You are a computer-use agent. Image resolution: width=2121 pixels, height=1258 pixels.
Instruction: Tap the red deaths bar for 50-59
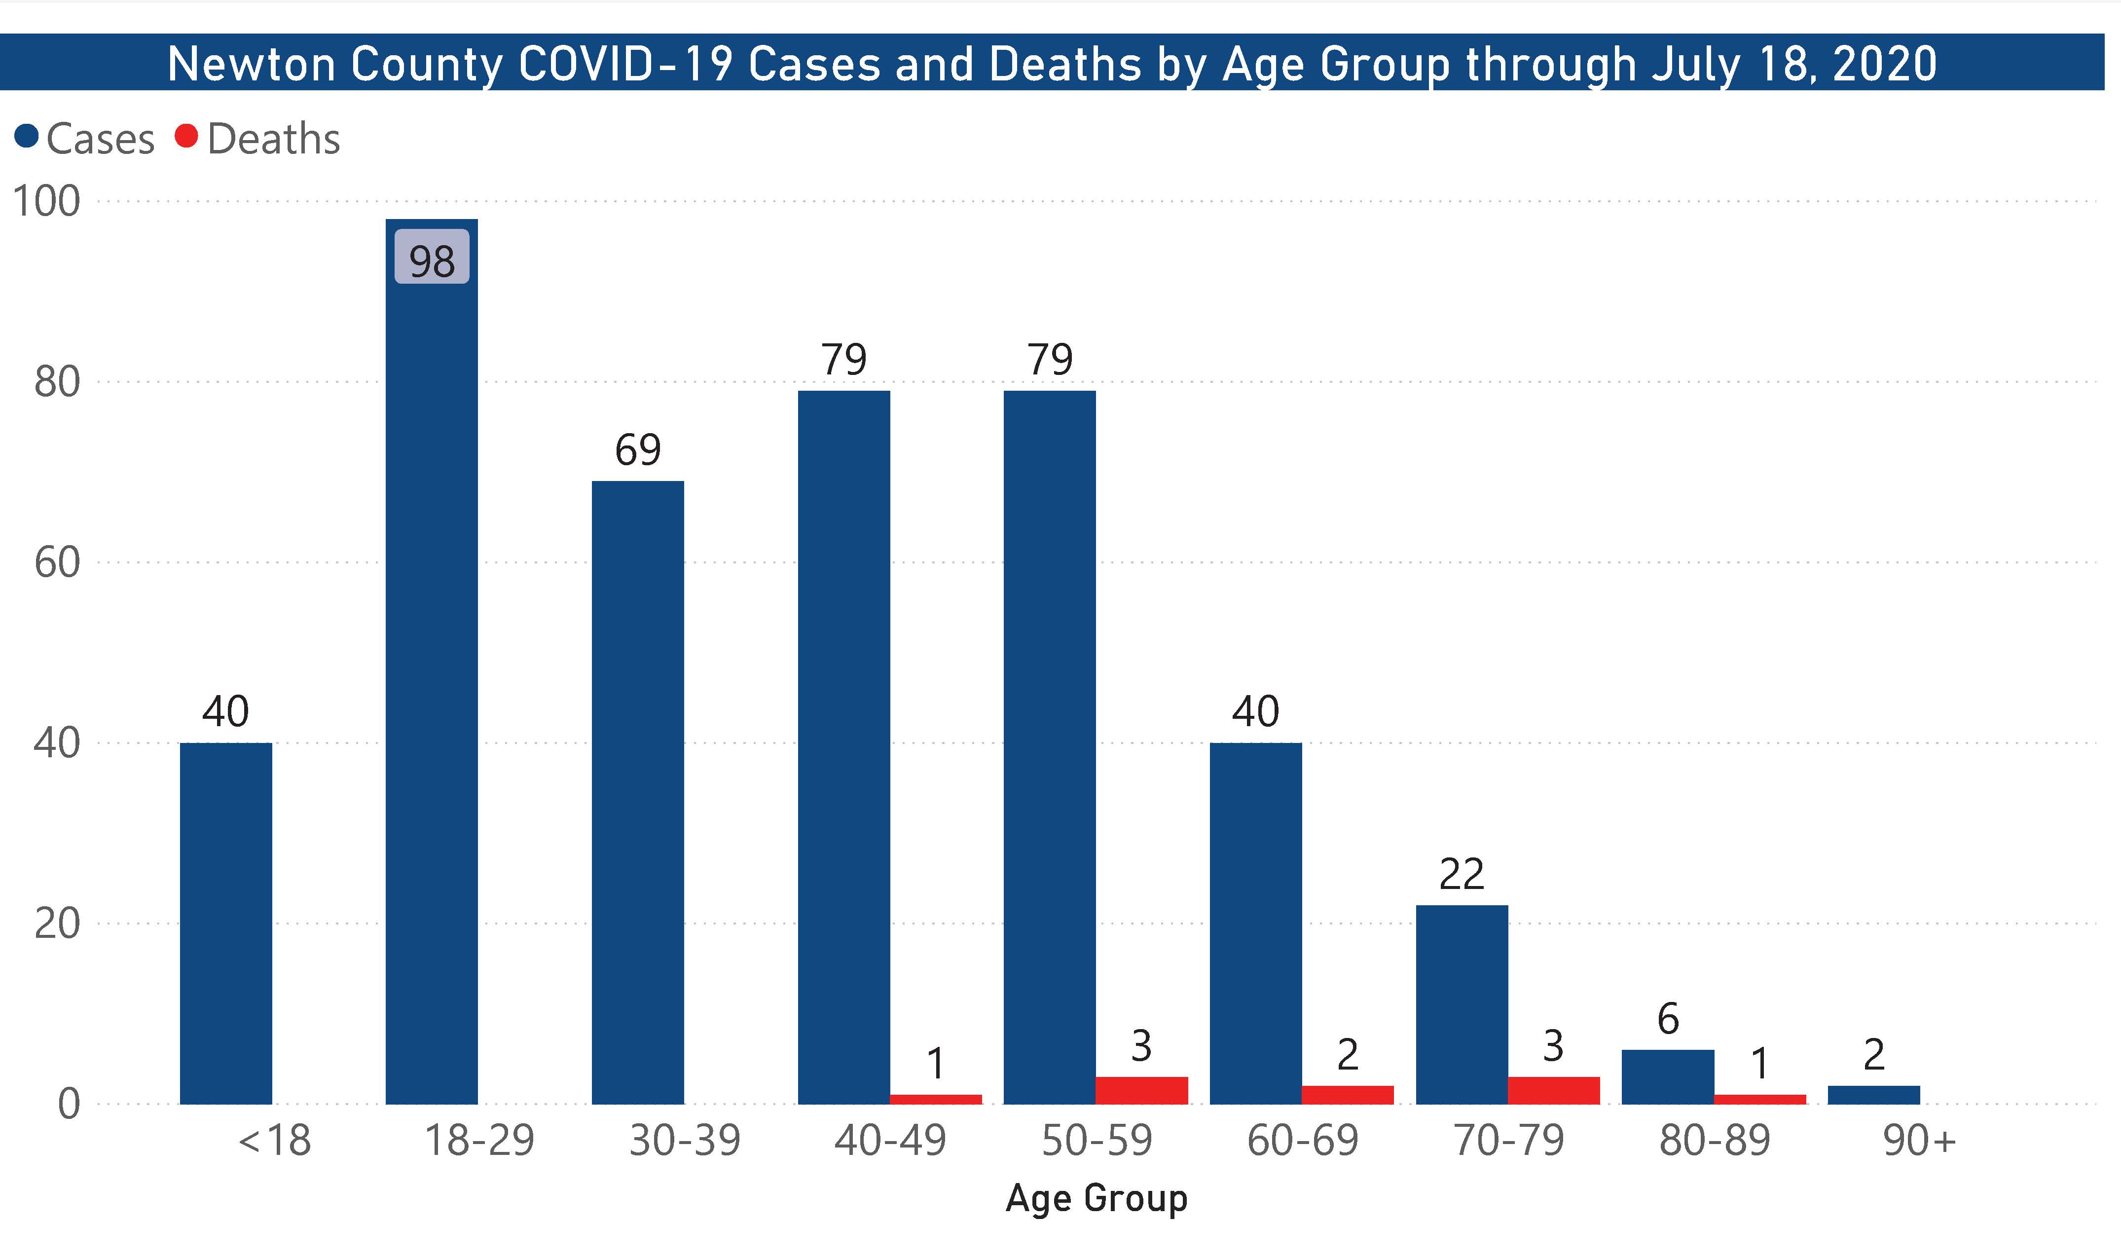coord(1141,1090)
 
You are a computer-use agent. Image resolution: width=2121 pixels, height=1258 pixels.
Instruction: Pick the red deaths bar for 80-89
coord(1759,1100)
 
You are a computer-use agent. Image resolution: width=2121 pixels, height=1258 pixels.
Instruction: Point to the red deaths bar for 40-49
coord(936,1100)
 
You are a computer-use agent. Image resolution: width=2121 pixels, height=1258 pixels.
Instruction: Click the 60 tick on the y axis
coord(57,562)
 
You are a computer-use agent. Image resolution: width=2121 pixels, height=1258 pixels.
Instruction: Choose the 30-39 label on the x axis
coord(685,1140)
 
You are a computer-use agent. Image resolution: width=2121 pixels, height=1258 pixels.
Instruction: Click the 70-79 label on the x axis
coord(1508,1140)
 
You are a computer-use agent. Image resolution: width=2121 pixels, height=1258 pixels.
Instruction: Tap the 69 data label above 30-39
coord(637,449)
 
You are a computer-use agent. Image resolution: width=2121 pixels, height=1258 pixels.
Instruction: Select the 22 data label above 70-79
coord(1461,874)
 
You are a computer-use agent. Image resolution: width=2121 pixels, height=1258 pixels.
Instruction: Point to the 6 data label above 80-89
coord(1668,1018)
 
